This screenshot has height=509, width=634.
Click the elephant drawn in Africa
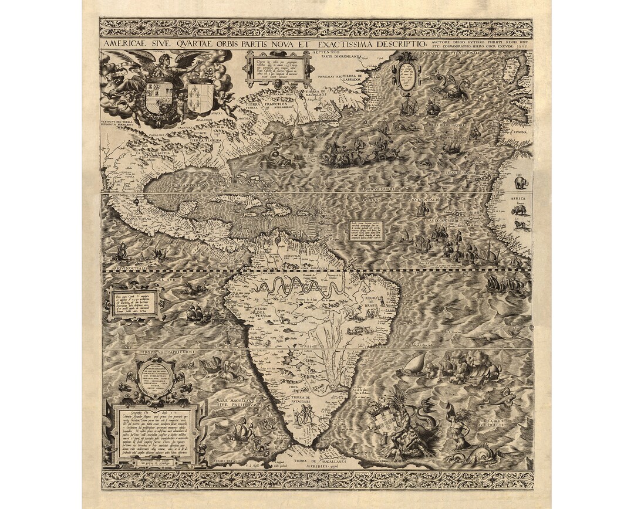[521, 182]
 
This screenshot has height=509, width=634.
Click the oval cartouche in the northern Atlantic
[406, 76]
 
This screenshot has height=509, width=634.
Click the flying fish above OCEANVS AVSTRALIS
[501, 398]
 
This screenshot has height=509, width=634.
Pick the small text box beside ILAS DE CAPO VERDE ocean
[366, 230]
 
